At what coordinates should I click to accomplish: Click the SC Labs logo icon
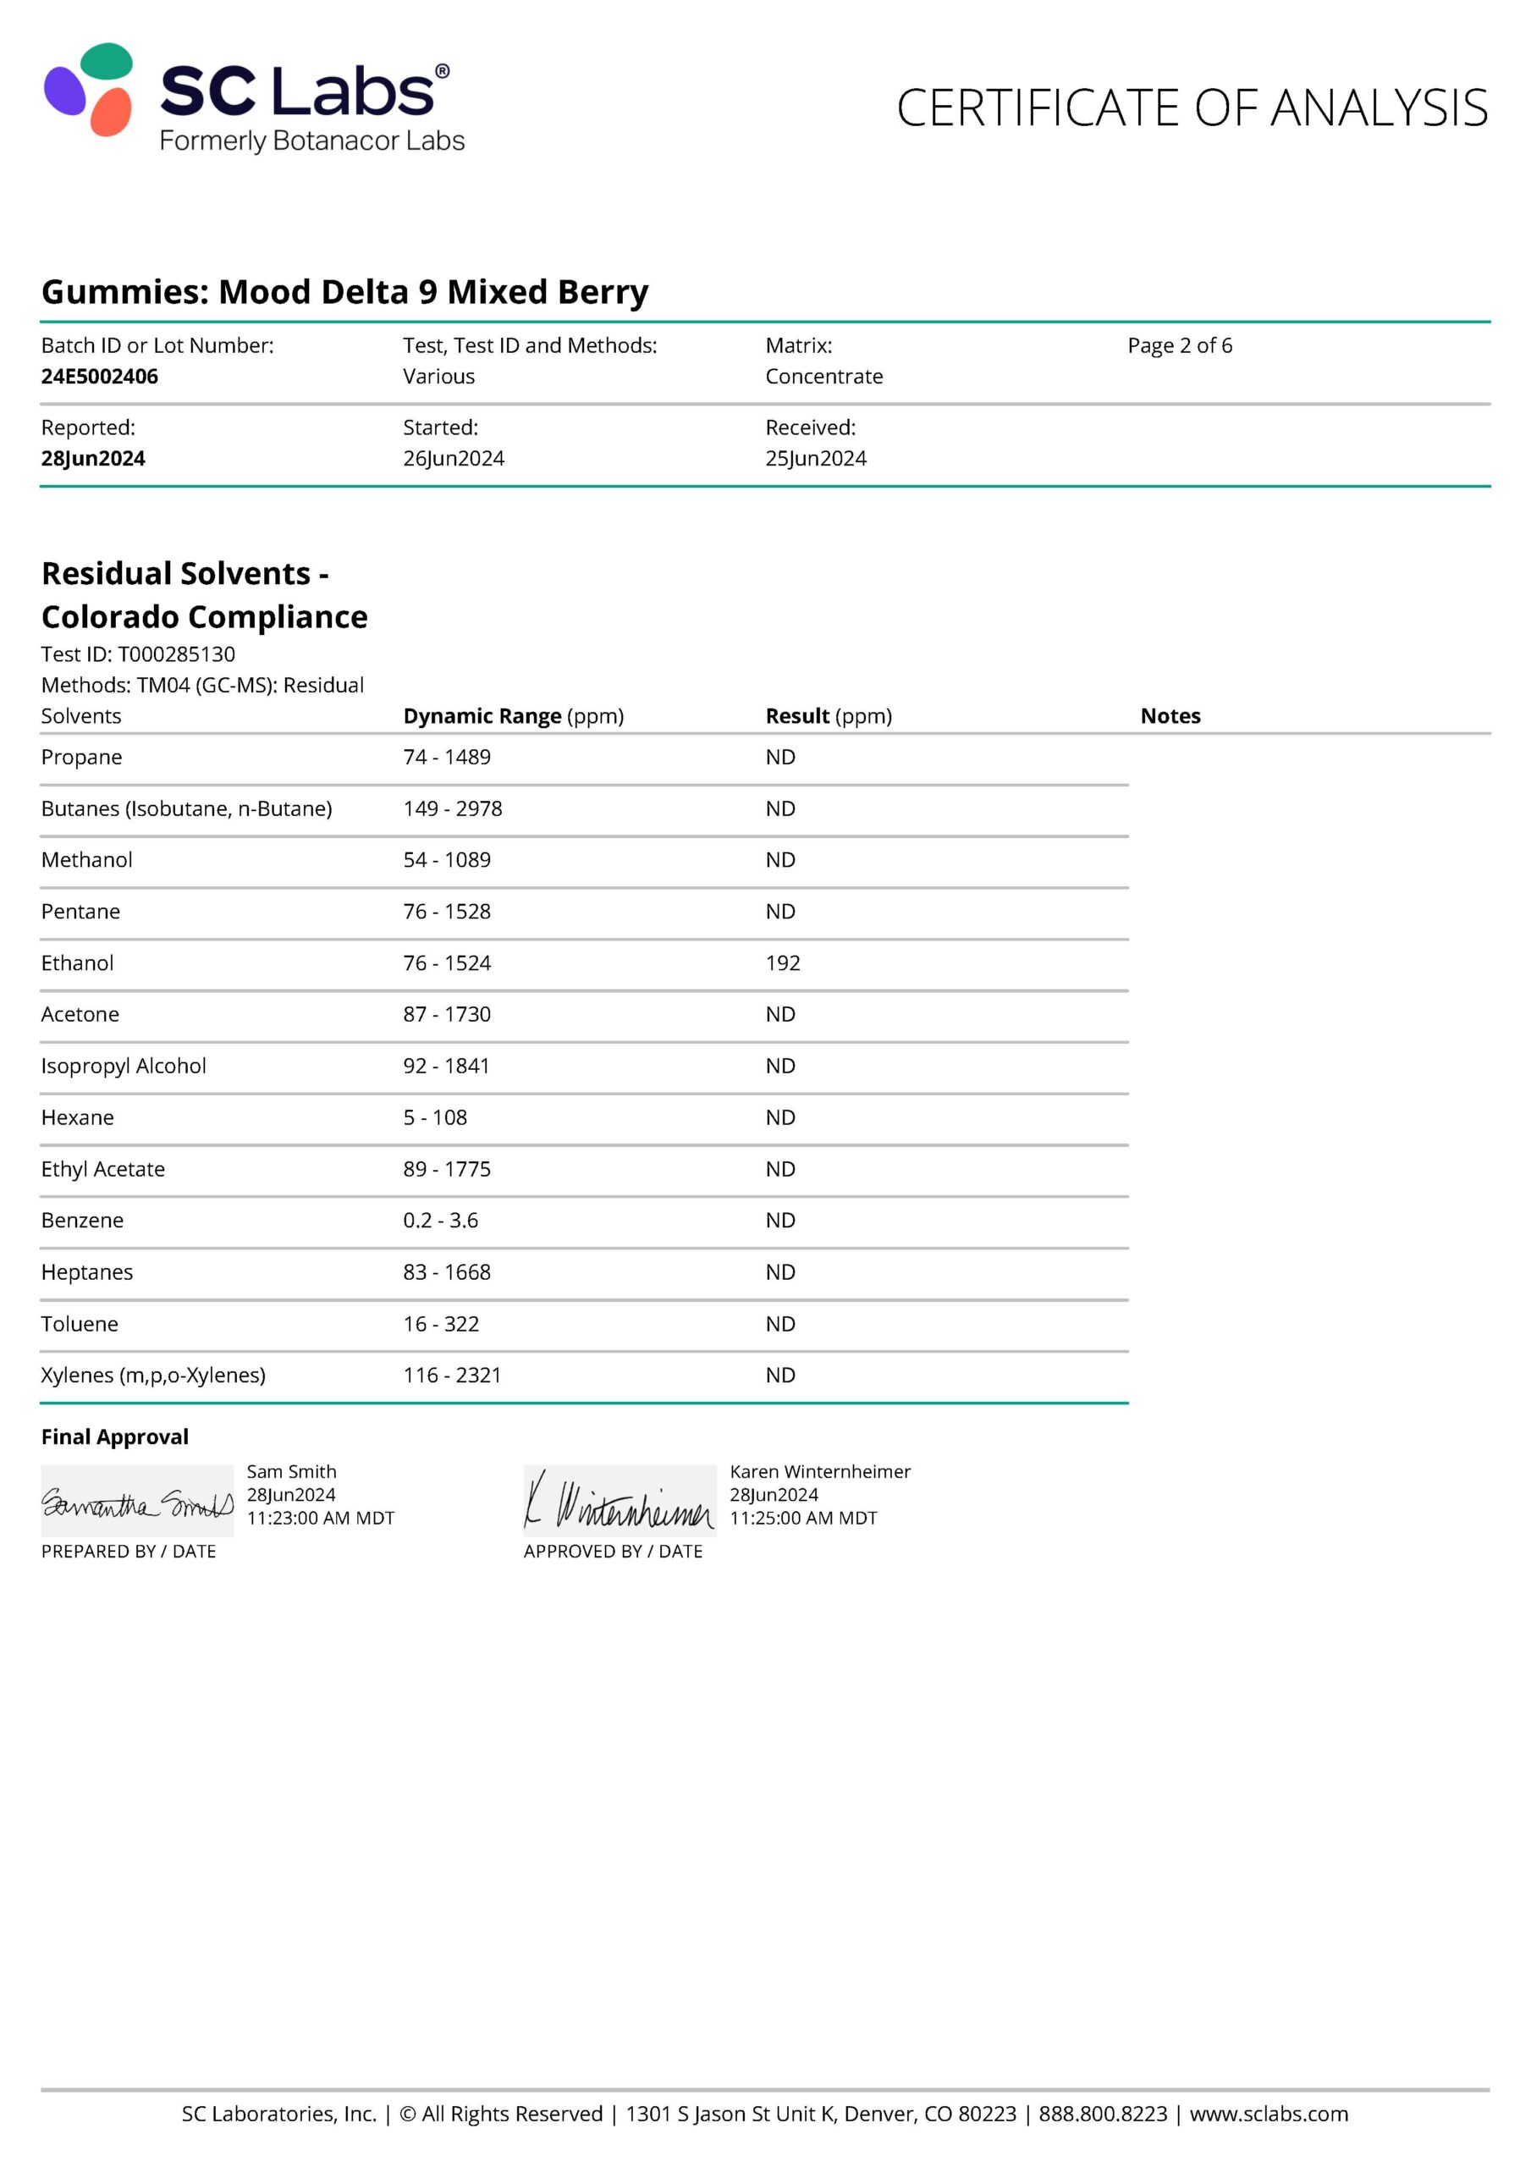89,90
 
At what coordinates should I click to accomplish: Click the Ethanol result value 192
783,962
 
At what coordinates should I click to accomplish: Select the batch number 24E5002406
99,376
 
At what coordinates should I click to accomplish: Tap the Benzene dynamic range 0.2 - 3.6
440,1221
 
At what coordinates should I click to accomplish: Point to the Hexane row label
77,1117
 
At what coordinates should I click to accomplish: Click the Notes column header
1170,715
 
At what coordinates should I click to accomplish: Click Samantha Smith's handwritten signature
137,1502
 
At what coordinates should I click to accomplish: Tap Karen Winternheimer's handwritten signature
620,1502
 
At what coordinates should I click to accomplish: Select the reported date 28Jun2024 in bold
92,458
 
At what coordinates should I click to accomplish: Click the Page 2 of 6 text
1179,345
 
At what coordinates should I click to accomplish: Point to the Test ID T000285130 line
138,654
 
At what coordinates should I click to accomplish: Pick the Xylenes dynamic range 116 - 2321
451,1376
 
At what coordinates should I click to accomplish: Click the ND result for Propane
779,757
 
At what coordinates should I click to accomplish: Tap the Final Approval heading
114,1436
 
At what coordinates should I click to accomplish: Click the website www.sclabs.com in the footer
1268,2113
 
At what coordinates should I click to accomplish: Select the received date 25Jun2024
816,458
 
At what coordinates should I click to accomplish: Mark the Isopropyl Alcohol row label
123,1066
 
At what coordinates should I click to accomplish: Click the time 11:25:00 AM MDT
802,1518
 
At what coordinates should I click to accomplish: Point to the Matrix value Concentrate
823,376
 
